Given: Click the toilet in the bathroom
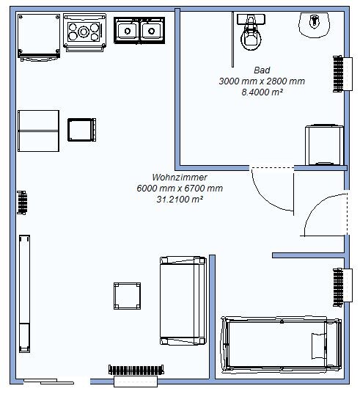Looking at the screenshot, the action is [251, 32].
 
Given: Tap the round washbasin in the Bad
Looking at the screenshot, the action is [314, 24].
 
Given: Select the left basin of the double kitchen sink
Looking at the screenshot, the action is [128, 31].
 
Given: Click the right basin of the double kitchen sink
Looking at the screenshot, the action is [151, 31].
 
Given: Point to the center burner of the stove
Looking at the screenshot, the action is [84, 32].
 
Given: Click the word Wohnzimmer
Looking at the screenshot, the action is [180, 177].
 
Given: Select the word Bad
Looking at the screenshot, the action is [262, 70].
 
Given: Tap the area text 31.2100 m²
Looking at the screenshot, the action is [180, 200].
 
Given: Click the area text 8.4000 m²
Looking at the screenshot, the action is [262, 92].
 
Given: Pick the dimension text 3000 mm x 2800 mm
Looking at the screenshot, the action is [262, 81].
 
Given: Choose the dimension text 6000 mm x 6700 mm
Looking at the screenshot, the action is [180, 189].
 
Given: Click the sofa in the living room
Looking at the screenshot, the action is [183, 301].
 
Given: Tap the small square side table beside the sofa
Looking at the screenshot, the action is [127, 296].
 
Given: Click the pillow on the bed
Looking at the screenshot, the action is [319, 346].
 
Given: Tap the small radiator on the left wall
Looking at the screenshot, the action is [22, 203].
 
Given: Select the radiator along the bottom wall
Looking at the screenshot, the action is [136, 370].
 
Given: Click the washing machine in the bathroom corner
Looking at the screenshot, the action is [324, 145].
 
